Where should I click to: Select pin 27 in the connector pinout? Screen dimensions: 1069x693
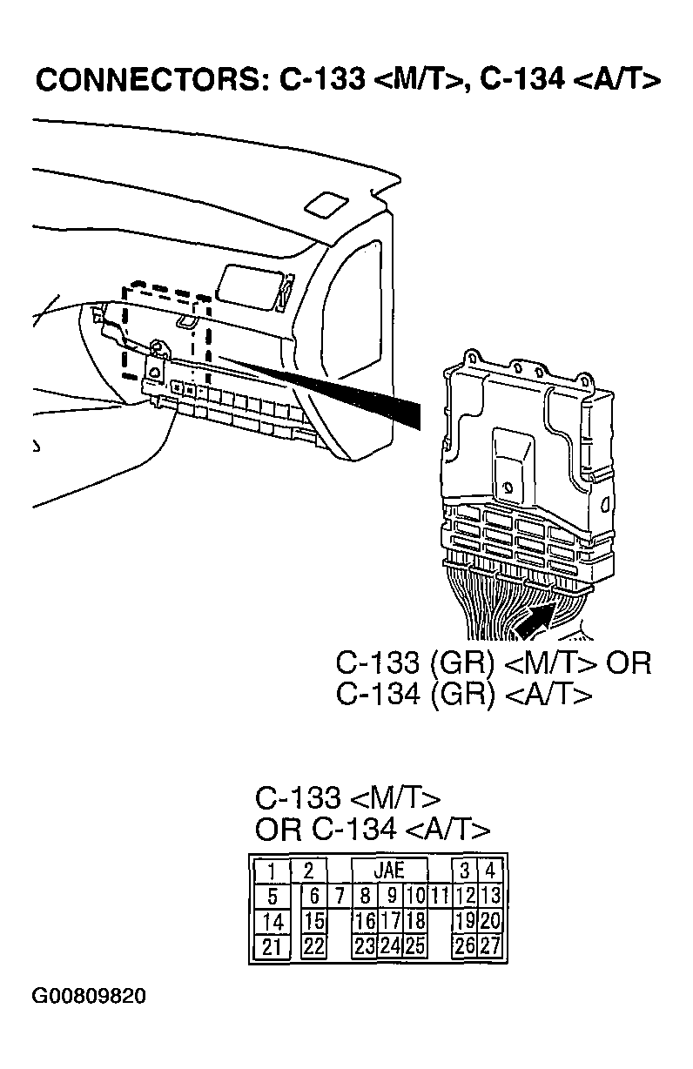[490, 946]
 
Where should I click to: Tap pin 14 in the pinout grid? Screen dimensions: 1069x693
[272, 921]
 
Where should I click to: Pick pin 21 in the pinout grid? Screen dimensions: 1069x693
[272, 946]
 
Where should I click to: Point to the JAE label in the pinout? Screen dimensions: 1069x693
[389, 870]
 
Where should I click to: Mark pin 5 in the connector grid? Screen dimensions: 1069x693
[272, 896]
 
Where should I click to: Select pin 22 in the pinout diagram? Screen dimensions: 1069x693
[314, 946]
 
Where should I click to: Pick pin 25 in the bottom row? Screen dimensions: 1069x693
[415, 946]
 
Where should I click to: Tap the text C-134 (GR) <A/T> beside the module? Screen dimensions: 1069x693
[463, 694]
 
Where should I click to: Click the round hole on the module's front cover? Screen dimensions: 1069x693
[504, 489]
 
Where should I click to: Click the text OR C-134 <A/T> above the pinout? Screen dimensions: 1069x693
[372, 829]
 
